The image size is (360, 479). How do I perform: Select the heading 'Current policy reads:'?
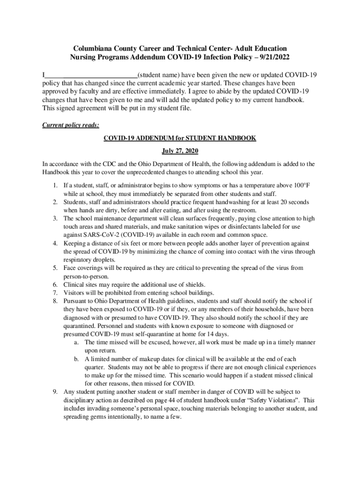pos(71,125)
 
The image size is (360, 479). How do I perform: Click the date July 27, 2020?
pos(180,151)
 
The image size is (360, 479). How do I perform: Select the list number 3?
pos(55,218)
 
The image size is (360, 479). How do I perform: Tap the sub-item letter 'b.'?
pos(76,359)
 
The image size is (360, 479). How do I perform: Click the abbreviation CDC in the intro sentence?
pos(105,164)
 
